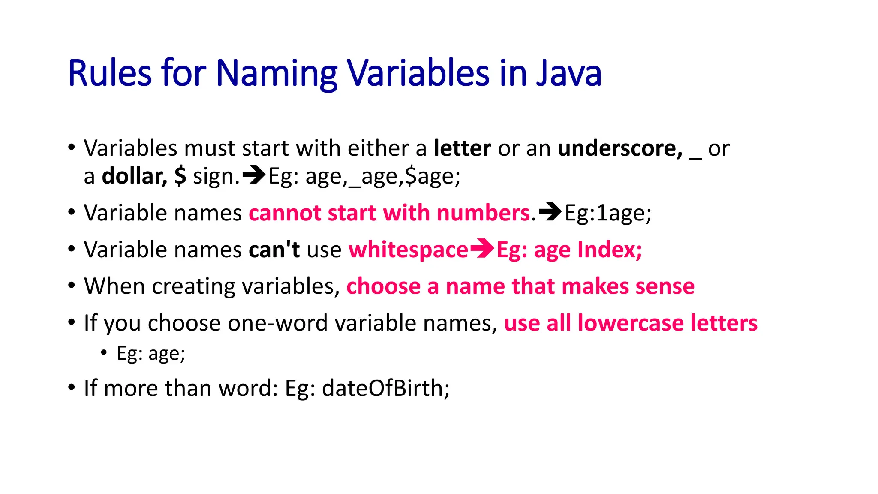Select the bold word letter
coord(462,148)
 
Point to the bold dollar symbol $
coord(180,176)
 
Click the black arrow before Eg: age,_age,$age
coord(254,175)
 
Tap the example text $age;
coord(433,176)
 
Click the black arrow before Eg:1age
coord(550,211)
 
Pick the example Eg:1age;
coord(608,213)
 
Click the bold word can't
coord(274,249)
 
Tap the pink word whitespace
coord(408,250)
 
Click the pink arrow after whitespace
coord(482,248)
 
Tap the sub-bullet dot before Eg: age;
coord(104,352)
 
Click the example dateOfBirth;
coord(386,388)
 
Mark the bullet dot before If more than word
coord(72,387)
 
